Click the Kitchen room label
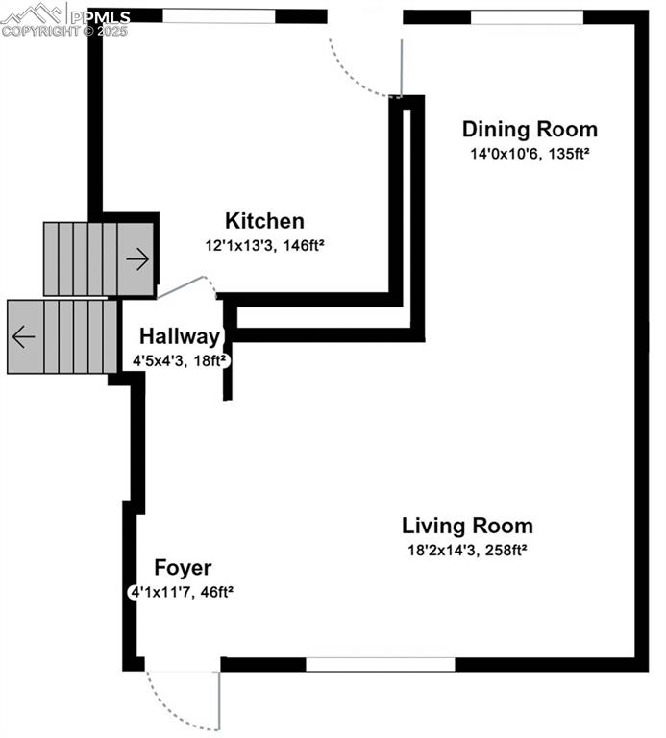(x=264, y=221)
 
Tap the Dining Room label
(x=530, y=130)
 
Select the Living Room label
(x=467, y=526)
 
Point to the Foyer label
(x=183, y=568)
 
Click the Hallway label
(x=180, y=337)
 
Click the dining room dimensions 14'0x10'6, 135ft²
(x=530, y=153)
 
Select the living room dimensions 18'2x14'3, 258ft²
(x=467, y=551)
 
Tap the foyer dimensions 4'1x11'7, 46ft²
(x=182, y=592)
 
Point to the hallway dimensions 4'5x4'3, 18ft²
(x=180, y=360)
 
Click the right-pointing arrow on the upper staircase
(x=137, y=258)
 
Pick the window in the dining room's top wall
(x=527, y=16)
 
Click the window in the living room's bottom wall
(x=380, y=664)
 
